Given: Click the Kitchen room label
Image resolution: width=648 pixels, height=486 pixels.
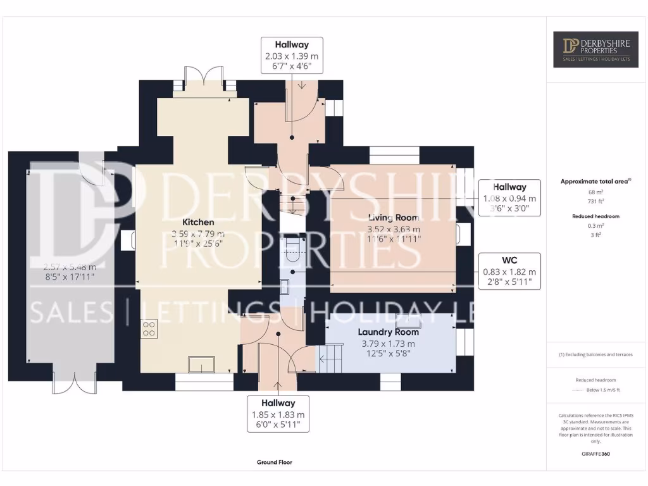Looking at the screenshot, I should pos(198,222).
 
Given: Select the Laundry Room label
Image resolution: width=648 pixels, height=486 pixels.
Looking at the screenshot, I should pos(389,332).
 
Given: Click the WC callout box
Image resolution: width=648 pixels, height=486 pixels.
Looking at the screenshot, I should pos(510,271).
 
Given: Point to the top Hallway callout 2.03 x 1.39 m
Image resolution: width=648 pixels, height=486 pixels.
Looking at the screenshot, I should pos(292,57).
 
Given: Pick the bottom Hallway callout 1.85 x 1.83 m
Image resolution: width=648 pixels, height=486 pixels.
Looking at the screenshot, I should pos(278,414).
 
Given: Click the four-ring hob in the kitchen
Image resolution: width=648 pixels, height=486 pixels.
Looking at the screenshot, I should pos(149,328).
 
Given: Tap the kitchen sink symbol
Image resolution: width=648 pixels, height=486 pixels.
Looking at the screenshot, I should pos(202,365).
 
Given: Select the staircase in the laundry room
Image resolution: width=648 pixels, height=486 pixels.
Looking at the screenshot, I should pos(330,359).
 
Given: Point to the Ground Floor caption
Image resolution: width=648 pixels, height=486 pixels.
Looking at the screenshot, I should pos(274,463).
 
